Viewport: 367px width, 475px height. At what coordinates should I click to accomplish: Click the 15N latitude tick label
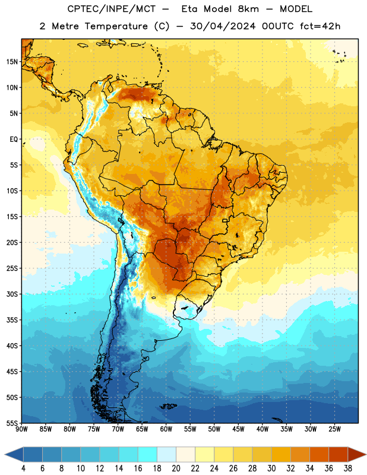[12, 62]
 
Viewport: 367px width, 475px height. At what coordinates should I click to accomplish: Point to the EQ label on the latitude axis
[14, 140]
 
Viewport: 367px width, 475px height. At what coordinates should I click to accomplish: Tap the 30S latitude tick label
[12, 294]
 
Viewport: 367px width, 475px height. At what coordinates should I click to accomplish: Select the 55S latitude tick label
[12, 423]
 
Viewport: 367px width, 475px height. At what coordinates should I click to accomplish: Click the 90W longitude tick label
[21, 429]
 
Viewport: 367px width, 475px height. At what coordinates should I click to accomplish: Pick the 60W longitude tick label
[166, 429]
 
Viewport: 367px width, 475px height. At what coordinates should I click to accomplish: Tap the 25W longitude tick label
[334, 429]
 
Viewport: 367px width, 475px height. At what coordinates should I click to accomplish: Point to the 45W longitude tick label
[238, 429]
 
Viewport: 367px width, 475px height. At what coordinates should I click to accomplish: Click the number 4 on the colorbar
[23, 468]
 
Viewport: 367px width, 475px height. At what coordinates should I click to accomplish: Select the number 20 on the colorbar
[176, 468]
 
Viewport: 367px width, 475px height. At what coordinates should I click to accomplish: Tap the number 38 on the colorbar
[348, 468]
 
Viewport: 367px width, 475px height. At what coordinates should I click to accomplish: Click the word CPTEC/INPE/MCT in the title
[111, 9]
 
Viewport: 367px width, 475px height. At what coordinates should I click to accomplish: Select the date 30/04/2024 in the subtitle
[223, 26]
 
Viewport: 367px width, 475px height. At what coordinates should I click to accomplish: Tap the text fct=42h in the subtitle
[320, 26]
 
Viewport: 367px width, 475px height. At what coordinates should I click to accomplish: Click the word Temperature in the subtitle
[116, 26]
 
